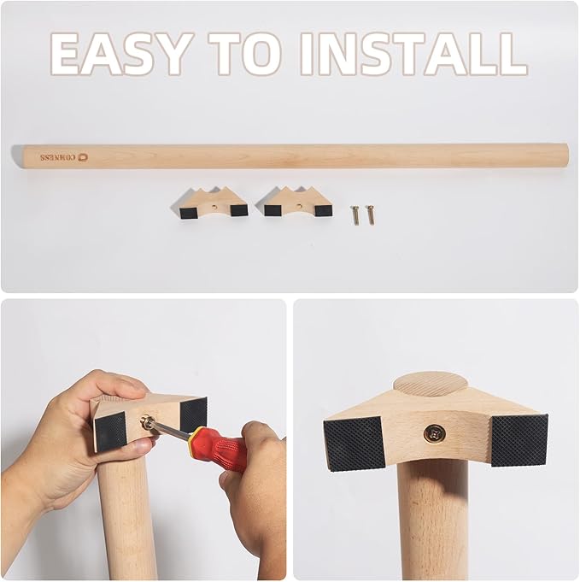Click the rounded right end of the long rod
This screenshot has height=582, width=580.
[x=561, y=156]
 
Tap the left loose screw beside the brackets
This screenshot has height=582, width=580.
[x=355, y=214]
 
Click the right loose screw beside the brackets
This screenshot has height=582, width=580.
[x=370, y=214]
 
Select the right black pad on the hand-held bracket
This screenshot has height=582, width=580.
[x=192, y=415]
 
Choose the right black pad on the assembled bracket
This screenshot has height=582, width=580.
[x=518, y=438]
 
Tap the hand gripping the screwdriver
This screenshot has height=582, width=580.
[x=256, y=479]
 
